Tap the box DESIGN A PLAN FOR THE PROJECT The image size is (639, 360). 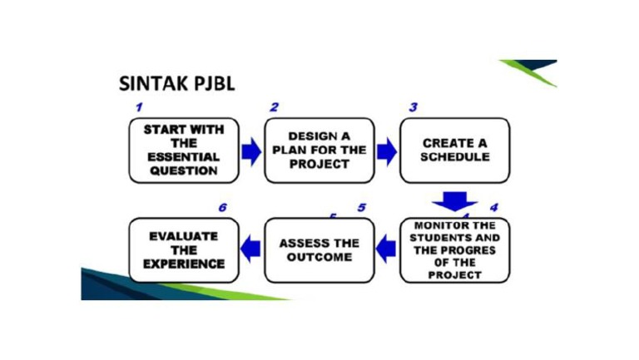click(319, 150)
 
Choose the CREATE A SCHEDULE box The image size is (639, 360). click(454, 150)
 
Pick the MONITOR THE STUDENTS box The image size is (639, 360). click(454, 250)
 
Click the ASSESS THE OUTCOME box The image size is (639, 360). click(319, 250)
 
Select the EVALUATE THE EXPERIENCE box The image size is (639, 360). click(183, 250)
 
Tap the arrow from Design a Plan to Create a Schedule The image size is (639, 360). click(387, 151)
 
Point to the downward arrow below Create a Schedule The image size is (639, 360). click(454, 201)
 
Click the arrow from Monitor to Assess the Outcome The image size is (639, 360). click(387, 245)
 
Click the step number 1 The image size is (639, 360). click(140, 107)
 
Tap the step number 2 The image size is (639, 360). click(275, 107)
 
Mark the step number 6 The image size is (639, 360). click(222, 207)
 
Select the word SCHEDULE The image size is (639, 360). click(454, 157)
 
